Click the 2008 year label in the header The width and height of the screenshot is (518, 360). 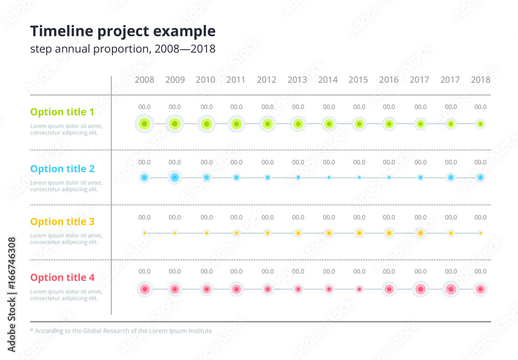point(145,80)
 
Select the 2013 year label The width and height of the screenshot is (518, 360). point(297,80)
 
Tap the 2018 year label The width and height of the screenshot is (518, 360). point(481,80)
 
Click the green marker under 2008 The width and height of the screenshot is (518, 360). point(145,124)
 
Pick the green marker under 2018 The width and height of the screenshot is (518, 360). point(481,124)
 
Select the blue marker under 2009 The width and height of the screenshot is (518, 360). point(175,178)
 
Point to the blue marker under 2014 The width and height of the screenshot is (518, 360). point(329,178)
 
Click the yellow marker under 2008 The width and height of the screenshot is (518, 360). point(145,233)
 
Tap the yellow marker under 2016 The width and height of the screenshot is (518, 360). point(389,233)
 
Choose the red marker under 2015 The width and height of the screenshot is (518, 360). point(359,289)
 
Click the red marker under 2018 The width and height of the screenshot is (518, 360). point(481,289)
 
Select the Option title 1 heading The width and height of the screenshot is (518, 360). point(62,112)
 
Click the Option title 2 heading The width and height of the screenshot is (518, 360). point(62,168)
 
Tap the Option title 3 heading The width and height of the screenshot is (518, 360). point(62,222)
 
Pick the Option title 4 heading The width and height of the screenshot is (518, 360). point(62,278)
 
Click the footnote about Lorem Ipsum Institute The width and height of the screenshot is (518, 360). point(121,330)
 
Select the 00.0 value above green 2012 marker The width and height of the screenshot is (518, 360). point(267,107)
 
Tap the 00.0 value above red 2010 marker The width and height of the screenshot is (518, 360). point(207,271)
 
